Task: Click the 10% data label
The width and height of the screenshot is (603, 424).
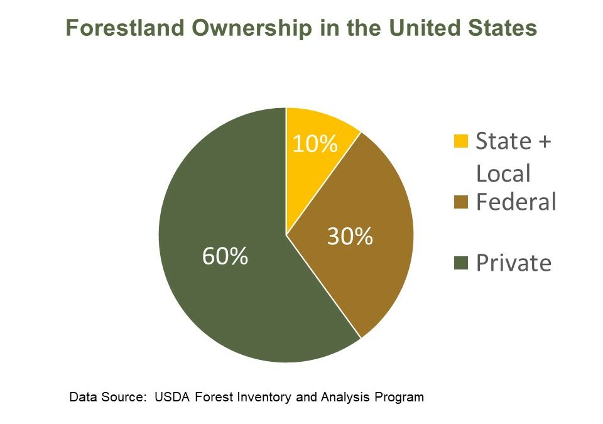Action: tap(315, 144)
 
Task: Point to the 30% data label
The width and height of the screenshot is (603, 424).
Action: tap(350, 237)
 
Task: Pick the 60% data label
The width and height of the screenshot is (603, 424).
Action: tap(225, 256)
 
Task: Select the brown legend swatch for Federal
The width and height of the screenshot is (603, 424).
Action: tap(460, 202)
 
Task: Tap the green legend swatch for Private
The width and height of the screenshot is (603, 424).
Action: tap(460, 263)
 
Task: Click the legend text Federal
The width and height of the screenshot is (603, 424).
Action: tap(516, 202)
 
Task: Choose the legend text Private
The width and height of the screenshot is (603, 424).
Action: tap(513, 263)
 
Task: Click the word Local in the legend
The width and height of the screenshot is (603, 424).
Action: tap(503, 173)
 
